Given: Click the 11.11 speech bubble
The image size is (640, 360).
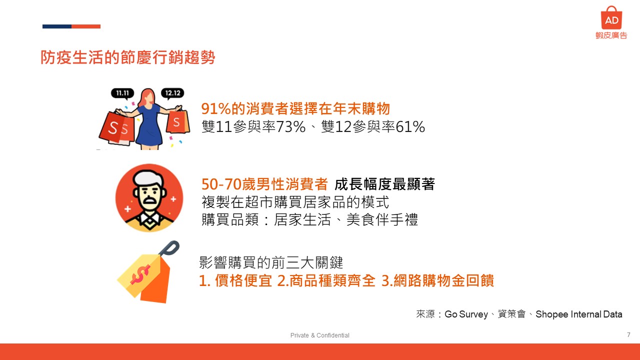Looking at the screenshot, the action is pos(122,93).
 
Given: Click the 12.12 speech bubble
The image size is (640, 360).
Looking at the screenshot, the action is pos(172,93).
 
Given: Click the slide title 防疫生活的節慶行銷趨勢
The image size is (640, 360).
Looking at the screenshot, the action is pos(127,57).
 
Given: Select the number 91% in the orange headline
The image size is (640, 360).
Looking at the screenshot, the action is pos(215,108).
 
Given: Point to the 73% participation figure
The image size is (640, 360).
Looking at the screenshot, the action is pos(291,126).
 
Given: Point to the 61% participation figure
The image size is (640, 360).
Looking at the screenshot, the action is pos(410,126).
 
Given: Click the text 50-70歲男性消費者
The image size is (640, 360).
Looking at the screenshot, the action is pos(264,184).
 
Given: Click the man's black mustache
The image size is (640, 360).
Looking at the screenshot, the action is pos(149,199).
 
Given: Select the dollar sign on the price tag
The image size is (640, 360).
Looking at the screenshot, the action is pos(140,274).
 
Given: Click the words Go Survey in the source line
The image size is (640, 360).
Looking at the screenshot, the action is pos(466,314).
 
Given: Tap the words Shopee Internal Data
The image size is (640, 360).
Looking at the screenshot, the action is pos(579,314).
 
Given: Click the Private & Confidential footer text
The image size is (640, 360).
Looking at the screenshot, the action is pos(319,335).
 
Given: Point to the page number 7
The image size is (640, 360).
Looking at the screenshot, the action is pos(628,334).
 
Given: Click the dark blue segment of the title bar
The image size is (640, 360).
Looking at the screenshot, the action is pos(57,26).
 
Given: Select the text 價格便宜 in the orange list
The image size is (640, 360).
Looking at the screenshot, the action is pos(243,280).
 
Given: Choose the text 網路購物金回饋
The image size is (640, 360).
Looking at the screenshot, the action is pos(444,280).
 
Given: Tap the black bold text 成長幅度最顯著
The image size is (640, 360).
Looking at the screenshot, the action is pos(384,184).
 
